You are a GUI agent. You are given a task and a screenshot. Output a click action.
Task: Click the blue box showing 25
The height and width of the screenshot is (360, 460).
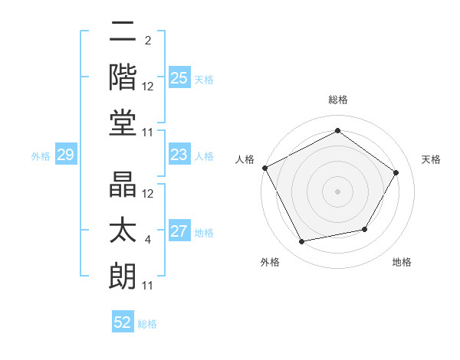(179, 77)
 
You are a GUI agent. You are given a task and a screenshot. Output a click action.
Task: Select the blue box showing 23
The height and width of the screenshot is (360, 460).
(179, 155)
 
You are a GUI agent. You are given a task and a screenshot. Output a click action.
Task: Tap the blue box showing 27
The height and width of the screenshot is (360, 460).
(179, 232)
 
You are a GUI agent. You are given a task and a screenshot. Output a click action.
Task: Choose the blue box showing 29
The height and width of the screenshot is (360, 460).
(65, 155)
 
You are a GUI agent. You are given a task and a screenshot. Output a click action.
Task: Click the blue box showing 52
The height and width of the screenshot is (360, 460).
(123, 322)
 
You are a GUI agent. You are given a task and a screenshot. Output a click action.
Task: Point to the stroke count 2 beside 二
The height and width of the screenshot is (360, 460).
(147, 41)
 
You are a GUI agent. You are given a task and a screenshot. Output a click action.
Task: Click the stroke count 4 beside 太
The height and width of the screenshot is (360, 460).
(147, 241)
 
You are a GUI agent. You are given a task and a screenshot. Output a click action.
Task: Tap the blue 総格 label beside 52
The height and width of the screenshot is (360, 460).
(147, 324)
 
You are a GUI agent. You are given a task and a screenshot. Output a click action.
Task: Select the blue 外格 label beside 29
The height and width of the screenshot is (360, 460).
(41, 156)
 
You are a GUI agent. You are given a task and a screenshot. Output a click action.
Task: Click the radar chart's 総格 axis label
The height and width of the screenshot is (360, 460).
(337, 100)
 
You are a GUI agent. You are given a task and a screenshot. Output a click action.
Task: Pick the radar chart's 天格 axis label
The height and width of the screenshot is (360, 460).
(431, 159)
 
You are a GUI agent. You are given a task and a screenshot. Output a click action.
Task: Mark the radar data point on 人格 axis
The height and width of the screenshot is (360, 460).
(265, 168)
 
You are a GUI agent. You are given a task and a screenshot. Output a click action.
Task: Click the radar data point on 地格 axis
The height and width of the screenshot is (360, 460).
(365, 229)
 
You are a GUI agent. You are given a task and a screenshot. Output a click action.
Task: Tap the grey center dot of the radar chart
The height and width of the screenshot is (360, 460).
(337, 191)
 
